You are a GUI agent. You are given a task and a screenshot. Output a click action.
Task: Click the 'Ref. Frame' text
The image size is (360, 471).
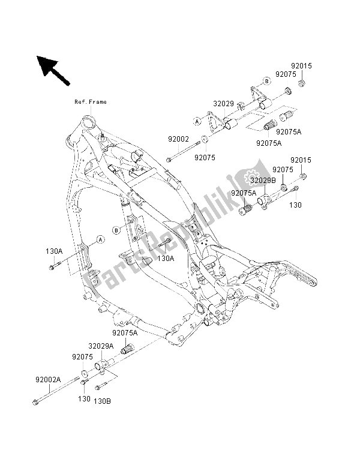point(91,102)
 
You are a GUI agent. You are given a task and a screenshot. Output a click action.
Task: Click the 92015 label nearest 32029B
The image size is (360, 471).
point(301,161)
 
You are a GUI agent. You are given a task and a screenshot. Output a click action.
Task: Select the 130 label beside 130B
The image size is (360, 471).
point(85,399)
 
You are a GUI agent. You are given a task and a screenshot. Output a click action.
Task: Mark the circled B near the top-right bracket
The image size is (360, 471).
point(265,82)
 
